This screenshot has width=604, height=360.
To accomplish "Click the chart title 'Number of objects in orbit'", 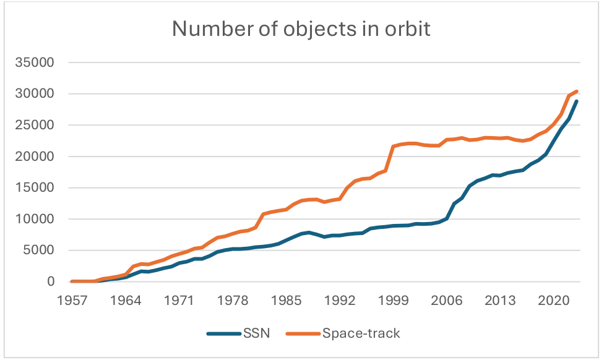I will pos(301,29).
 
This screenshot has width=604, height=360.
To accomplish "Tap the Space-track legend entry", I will pos(361,333).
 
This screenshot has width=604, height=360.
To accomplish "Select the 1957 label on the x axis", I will pos(72,300).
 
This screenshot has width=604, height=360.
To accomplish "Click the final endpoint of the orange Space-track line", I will pos(577,92).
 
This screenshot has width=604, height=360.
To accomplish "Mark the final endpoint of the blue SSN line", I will pos(577,101).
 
